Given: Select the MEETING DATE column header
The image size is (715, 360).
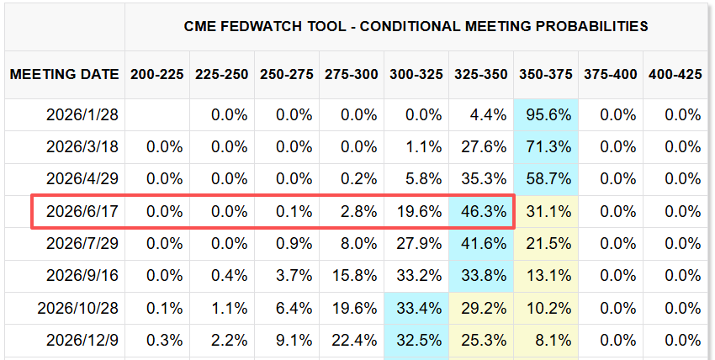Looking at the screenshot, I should tap(64, 74).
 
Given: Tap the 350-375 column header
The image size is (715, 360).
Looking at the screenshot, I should tap(545, 74).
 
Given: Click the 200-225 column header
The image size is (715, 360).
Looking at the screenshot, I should tap(156, 74).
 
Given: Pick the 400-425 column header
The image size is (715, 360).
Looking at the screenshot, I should tap(675, 74).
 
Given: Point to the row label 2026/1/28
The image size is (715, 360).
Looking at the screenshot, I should tap(82, 114).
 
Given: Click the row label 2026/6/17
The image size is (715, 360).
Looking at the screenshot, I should tap(82, 211).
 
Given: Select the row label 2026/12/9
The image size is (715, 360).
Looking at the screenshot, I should tap(82, 340).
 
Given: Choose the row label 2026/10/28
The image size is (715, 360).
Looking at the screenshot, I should tap(78, 308).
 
